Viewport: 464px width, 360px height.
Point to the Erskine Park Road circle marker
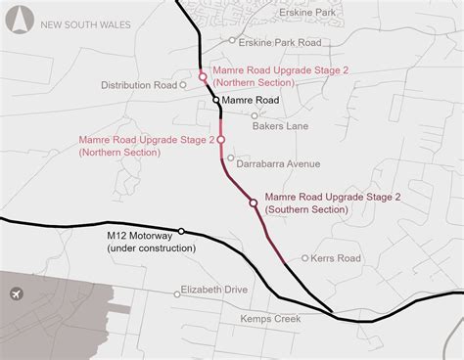click(x=232, y=41)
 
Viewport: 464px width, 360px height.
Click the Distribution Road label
click(x=138, y=85)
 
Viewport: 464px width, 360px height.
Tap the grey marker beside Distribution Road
click(x=182, y=85)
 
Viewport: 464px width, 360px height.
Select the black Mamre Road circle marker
click(x=215, y=100)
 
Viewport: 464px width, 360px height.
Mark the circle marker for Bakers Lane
click(x=255, y=115)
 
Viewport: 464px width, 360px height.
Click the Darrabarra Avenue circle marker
click(x=231, y=157)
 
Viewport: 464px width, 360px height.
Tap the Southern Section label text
click(x=334, y=202)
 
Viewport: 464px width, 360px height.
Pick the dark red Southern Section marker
click(x=254, y=202)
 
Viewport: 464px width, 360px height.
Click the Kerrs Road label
click(x=339, y=258)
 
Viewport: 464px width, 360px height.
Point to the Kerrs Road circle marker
click(x=305, y=258)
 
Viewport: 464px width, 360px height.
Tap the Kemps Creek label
click(x=274, y=319)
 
